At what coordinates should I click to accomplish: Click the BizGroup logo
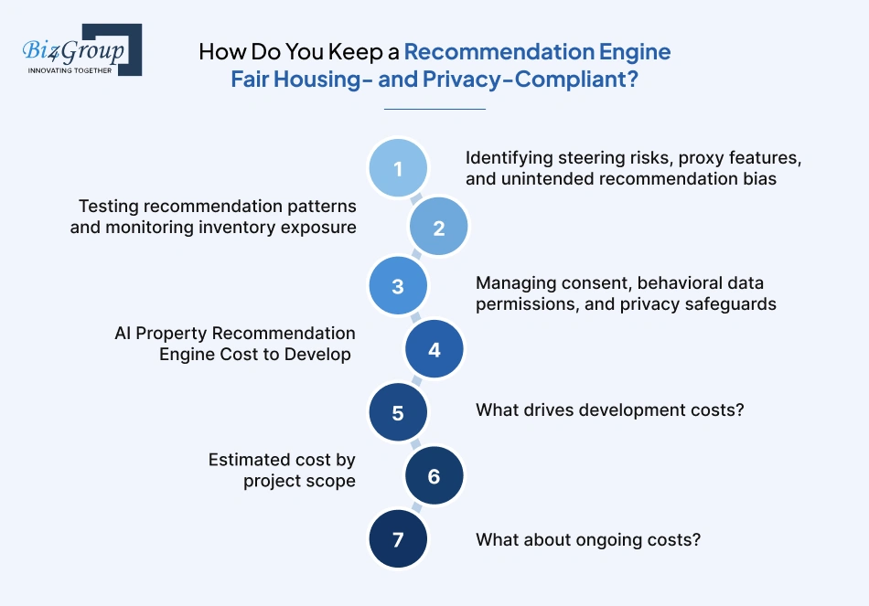(x=82, y=50)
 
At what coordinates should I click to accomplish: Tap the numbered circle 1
(x=398, y=168)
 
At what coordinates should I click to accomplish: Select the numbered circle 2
(x=438, y=227)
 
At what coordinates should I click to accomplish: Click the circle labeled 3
(x=398, y=286)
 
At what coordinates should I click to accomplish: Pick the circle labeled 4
(x=434, y=349)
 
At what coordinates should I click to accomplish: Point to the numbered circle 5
(x=398, y=412)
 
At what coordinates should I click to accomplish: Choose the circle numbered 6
(x=434, y=476)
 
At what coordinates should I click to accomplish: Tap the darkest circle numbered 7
(x=398, y=539)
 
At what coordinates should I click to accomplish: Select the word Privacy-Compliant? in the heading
(x=531, y=80)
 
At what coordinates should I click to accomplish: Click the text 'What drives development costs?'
(x=609, y=409)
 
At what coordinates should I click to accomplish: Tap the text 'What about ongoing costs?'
(x=588, y=539)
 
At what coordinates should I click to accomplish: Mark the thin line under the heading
(x=434, y=109)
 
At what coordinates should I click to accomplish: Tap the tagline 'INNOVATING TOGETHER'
(x=70, y=70)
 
